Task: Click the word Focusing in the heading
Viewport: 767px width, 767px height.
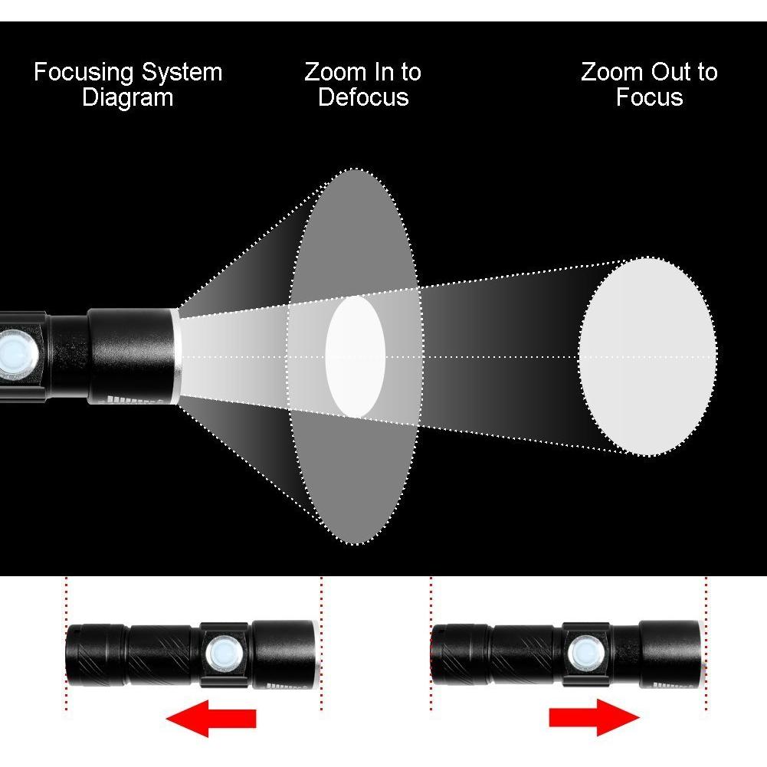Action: click(84, 73)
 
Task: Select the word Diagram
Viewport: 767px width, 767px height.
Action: click(128, 98)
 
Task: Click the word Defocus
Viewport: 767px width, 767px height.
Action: click(363, 97)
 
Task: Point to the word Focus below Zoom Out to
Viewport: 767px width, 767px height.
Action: click(649, 97)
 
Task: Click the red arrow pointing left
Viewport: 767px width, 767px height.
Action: click(211, 718)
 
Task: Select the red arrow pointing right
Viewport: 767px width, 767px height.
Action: click(595, 718)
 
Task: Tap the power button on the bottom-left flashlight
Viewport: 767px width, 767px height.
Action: click(222, 654)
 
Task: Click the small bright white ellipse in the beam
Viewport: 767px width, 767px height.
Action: click(355, 357)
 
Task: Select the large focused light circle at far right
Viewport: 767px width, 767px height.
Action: click(647, 356)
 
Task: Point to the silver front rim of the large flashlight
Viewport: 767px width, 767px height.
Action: click(176, 356)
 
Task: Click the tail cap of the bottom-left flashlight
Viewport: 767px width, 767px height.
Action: click(97, 654)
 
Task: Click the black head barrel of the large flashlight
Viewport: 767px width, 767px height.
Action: click(130, 356)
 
